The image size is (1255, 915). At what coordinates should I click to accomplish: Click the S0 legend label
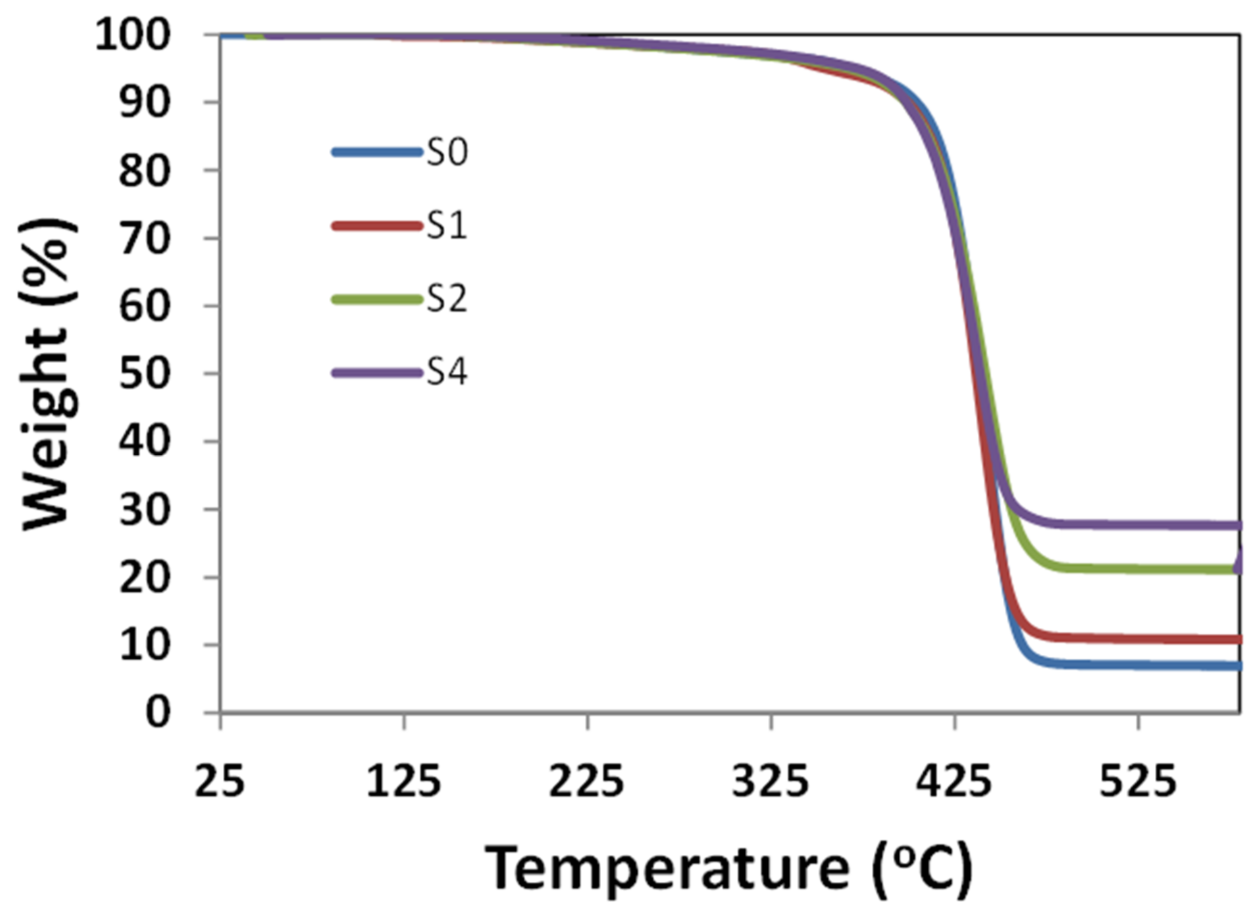click(447, 152)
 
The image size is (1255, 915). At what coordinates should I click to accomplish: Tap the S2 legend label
click(447, 299)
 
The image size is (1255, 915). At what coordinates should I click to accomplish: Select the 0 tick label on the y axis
click(158, 713)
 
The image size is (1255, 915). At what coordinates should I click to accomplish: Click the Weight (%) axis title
click(49, 374)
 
